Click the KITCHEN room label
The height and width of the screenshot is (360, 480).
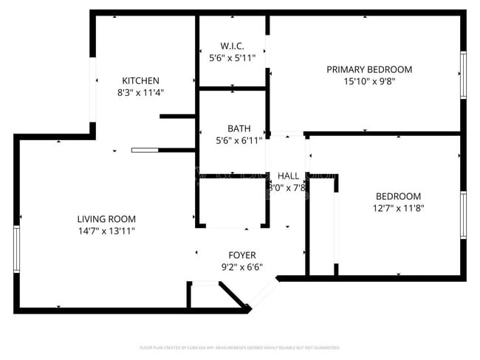coord(140,80)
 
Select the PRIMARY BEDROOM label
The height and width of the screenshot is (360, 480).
coord(369,69)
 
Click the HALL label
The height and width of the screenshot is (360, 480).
coord(288,176)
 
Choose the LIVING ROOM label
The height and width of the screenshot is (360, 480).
coord(106,219)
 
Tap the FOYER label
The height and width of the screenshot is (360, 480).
coord(242,255)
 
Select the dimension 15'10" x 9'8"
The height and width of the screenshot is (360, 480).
coord(369,82)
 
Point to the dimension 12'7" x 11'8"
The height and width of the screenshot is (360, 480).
coord(398,208)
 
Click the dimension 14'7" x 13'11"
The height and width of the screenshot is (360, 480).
coord(106,231)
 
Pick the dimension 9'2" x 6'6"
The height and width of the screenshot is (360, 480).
coord(242,268)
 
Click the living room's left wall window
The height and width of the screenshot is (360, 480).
coord(16,250)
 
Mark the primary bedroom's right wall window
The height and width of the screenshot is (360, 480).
coord(463,75)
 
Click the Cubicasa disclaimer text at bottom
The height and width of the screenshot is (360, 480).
coord(240,347)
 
